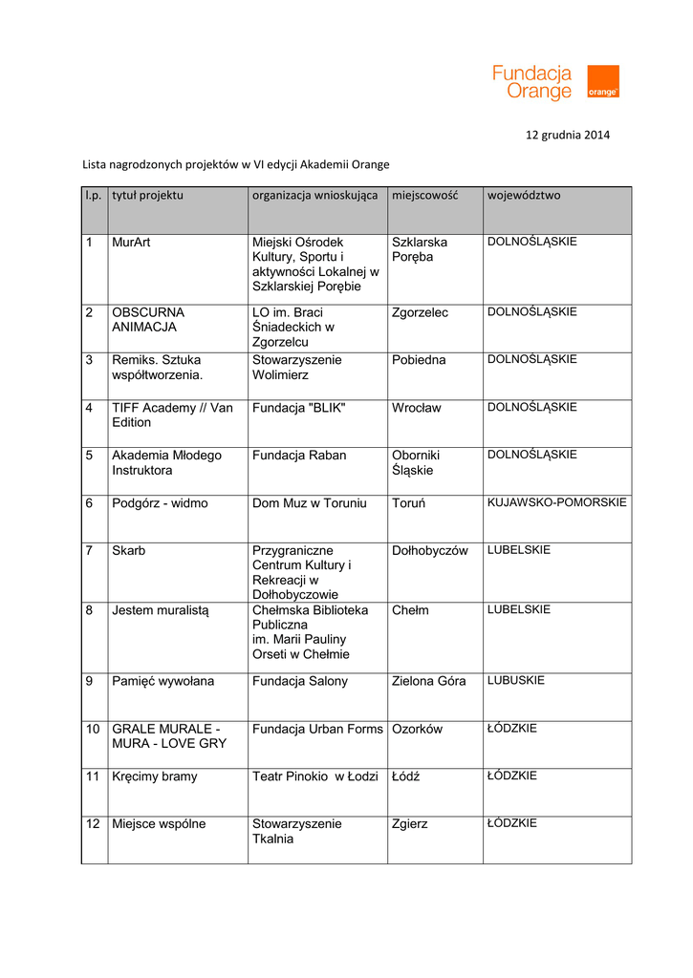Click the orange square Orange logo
(602, 81)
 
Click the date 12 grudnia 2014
(568, 135)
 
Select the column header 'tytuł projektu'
(147, 196)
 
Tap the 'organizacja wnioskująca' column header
(314, 196)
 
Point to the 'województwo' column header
(524, 196)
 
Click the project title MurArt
(131, 243)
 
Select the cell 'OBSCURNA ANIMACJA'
(148, 320)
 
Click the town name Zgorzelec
(420, 313)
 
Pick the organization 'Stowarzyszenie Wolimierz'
(296, 368)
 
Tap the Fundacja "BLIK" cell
(298, 409)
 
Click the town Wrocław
(417, 409)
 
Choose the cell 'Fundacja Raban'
(299, 456)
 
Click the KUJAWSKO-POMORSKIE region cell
(557, 502)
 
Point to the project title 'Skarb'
(129, 551)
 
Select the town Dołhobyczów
(430, 551)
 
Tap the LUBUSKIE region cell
(516, 681)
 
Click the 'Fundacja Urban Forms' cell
(317, 730)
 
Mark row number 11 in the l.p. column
(93, 777)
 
